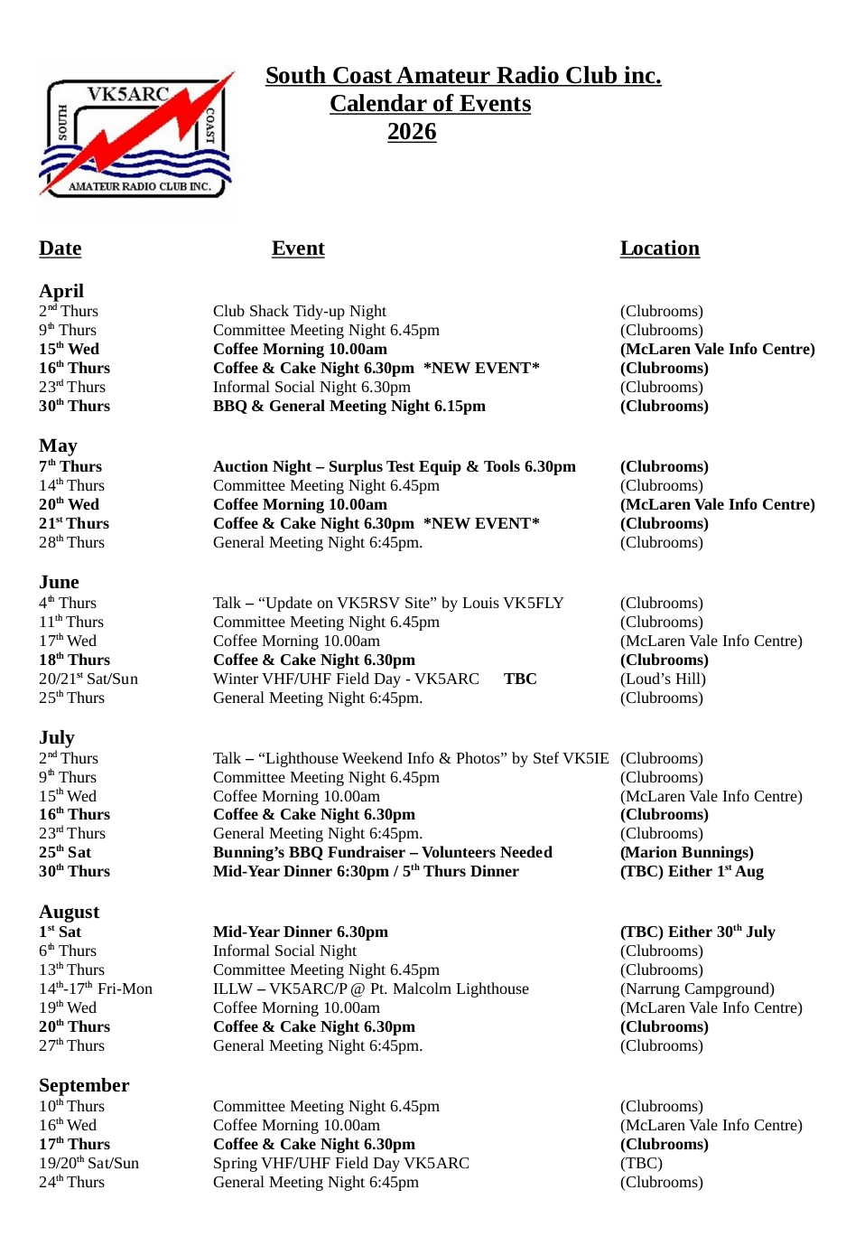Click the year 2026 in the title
[412, 132]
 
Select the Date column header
[60, 248]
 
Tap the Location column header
[659, 248]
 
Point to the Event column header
[298, 248]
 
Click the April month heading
[61, 291]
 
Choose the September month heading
[84, 1085]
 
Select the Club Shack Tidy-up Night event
[300, 312]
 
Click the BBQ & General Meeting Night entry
[349, 407]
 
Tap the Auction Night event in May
[394, 467]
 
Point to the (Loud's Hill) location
[663, 679]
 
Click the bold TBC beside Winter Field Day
[520, 679]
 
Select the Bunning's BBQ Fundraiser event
[383, 853]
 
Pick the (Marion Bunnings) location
[687, 853]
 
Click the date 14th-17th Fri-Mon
[96, 989]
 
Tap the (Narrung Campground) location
[697, 989]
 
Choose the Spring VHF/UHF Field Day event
[341, 1164]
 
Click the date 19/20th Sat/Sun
[88, 1164]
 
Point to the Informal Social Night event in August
[284, 951]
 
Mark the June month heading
[59, 582]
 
